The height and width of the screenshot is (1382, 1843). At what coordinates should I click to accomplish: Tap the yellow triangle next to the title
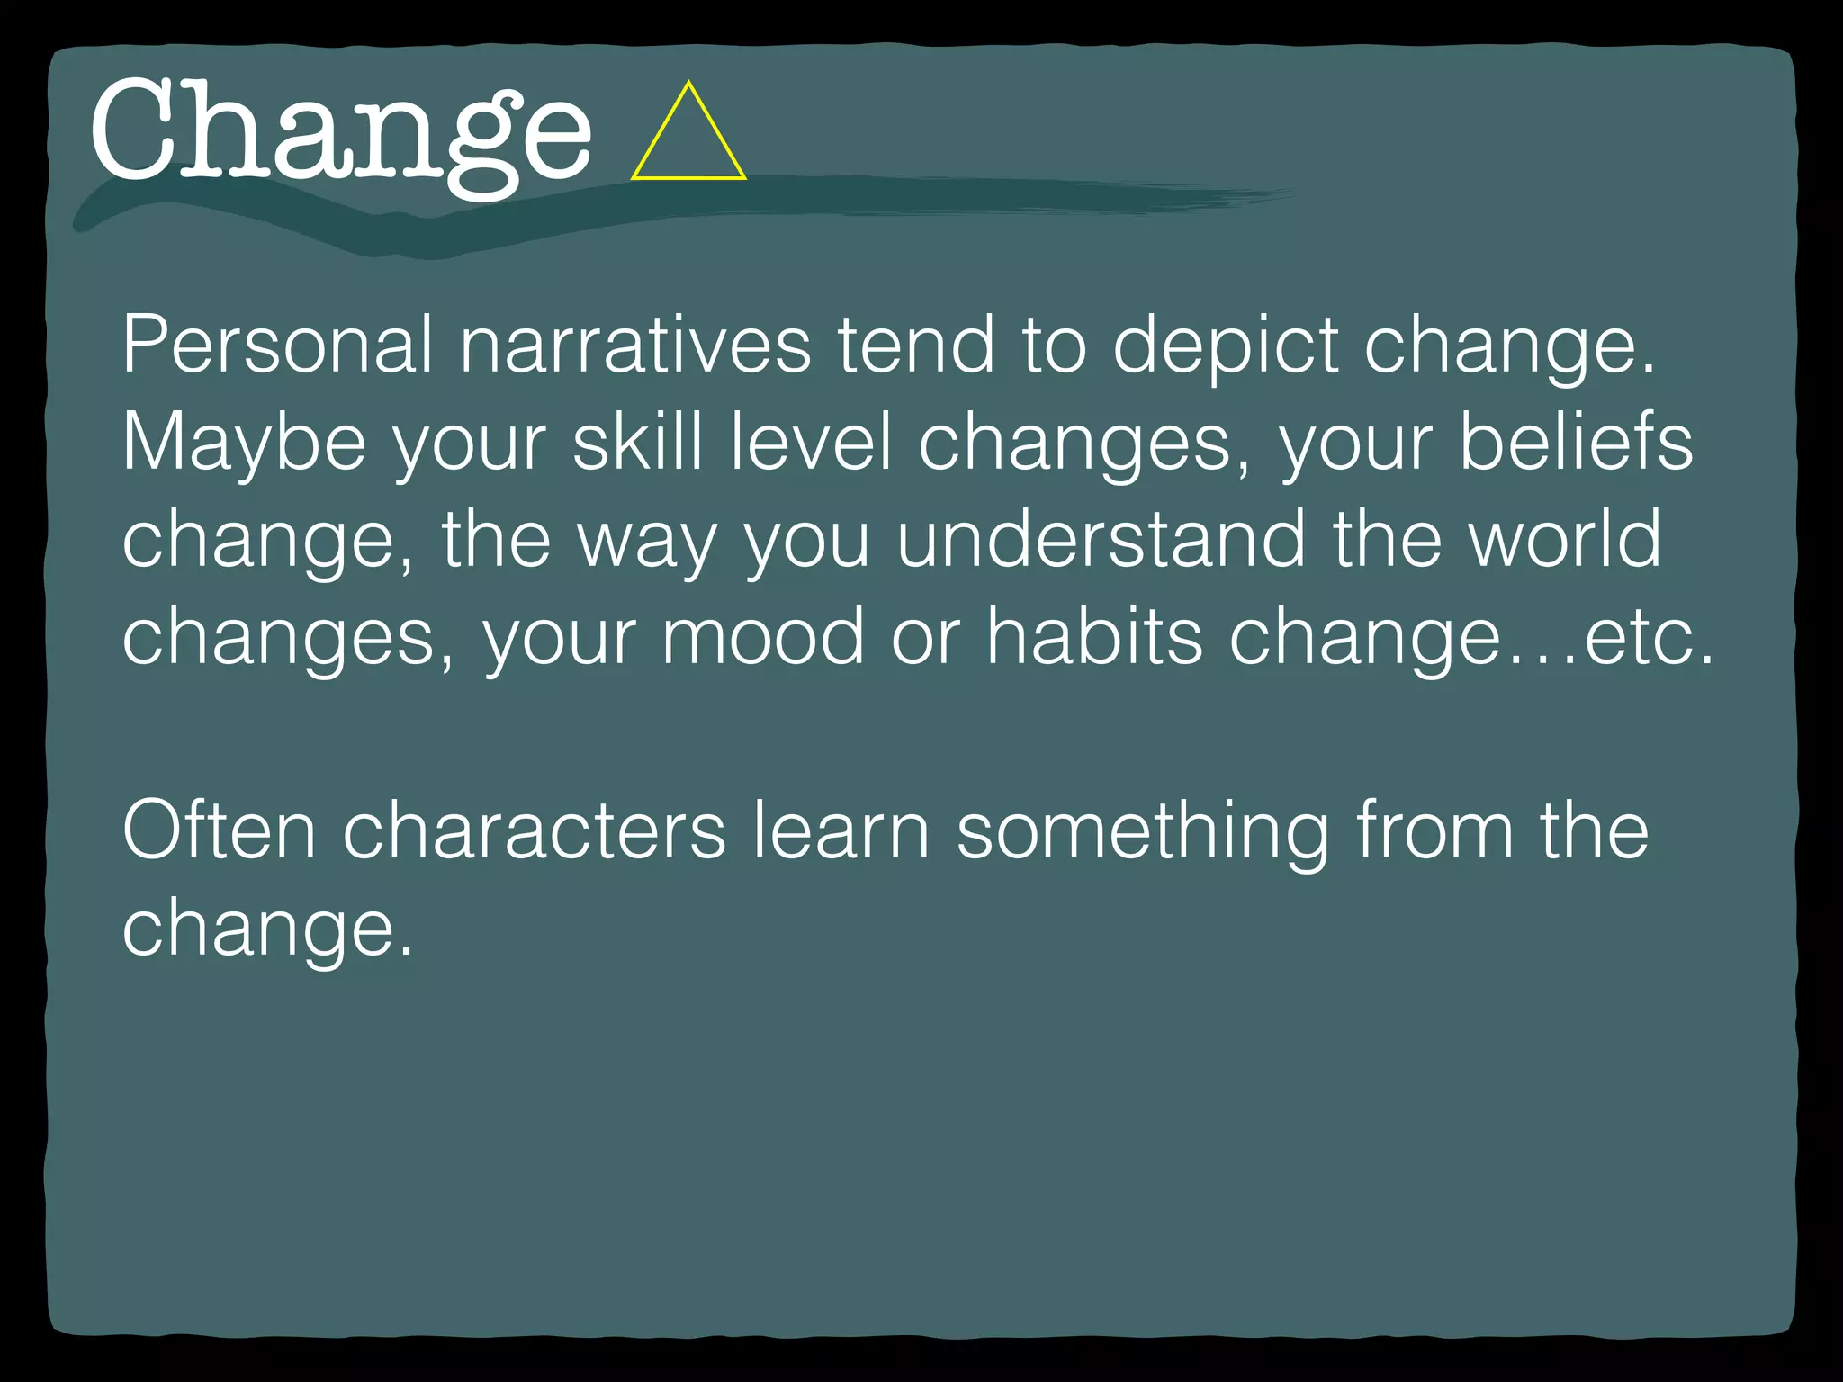pos(688,137)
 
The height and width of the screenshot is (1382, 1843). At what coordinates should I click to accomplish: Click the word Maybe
pos(244,443)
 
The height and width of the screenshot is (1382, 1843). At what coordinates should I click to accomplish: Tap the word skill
pos(637,443)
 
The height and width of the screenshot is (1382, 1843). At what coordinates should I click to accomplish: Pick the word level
pos(811,443)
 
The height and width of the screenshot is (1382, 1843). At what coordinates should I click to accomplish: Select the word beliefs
pos(1575,443)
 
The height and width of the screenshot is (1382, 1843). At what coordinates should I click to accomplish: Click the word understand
pos(1101,540)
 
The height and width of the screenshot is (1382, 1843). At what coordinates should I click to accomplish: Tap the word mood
pos(763,637)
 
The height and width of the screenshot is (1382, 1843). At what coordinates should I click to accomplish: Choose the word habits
pos(1094,637)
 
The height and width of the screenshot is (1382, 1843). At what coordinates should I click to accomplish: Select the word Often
pos(219,831)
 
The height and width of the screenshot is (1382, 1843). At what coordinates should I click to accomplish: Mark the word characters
pos(534,831)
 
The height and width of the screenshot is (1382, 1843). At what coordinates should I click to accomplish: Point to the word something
pos(1142,831)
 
